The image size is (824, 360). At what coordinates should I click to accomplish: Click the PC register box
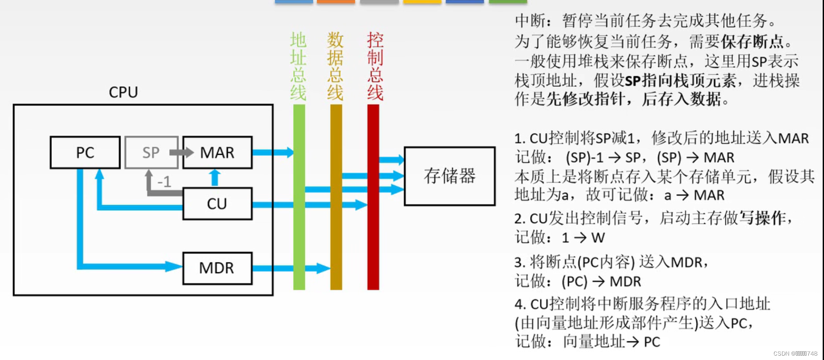85,153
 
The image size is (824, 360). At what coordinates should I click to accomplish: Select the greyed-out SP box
151,153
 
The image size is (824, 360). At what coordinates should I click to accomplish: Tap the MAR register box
218,153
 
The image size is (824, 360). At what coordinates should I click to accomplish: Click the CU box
218,203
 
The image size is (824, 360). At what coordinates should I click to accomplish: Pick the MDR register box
218,268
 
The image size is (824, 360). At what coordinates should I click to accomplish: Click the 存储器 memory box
449,176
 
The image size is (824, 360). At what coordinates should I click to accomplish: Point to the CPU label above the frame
123,92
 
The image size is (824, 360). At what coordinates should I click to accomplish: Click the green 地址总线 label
298,66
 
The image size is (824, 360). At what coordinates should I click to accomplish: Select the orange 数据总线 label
335,66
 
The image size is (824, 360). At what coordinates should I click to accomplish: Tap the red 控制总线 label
375,66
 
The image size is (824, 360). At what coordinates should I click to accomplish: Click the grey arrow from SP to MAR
181,152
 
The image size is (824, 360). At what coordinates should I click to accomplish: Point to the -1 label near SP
164,182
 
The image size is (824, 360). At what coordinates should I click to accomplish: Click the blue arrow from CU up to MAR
214,178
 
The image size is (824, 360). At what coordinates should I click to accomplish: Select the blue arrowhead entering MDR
174,266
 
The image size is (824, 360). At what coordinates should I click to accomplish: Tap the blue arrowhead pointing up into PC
100,175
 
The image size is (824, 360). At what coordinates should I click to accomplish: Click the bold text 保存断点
752,42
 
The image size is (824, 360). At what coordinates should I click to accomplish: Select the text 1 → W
583,238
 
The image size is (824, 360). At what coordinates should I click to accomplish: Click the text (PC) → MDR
601,282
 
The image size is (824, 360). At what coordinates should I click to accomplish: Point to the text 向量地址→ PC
611,342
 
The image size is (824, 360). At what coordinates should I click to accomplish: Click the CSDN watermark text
795,353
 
